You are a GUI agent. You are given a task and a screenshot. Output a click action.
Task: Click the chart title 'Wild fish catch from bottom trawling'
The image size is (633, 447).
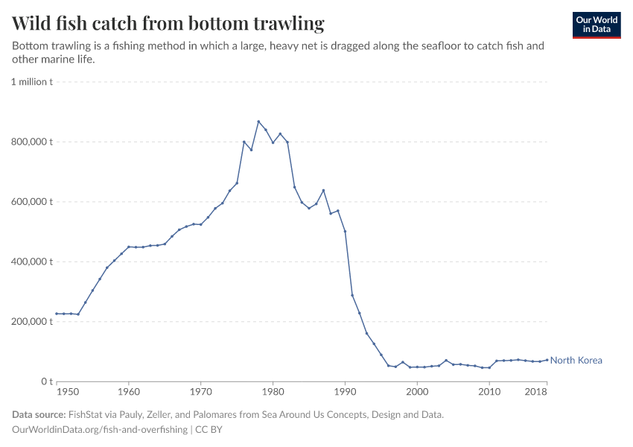(168, 24)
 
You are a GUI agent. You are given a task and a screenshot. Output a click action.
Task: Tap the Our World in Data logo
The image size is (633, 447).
(596, 25)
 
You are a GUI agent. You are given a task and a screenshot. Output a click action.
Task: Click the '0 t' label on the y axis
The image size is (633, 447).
(45, 381)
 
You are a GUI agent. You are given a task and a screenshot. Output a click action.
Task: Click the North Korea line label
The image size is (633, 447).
(576, 361)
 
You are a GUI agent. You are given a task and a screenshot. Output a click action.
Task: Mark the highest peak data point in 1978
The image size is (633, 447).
(258, 121)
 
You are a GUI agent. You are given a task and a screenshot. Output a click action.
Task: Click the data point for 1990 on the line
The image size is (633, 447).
(345, 231)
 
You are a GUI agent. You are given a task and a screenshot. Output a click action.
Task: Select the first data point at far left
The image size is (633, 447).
(57, 314)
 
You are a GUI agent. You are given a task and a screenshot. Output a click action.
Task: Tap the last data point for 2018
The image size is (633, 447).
(547, 360)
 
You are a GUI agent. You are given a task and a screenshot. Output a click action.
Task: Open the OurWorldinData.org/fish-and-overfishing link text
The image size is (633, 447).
(100, 430)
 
